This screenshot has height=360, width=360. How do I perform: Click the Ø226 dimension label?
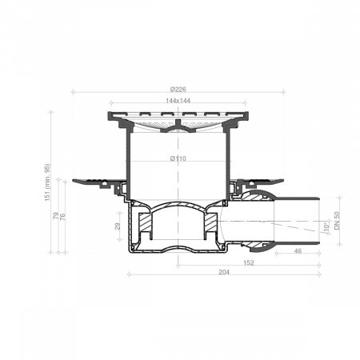178,90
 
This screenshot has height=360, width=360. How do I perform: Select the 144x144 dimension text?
178,101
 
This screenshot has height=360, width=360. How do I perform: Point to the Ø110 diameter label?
178,158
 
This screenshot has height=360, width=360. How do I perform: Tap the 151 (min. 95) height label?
47,182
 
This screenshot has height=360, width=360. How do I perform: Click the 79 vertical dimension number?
56,216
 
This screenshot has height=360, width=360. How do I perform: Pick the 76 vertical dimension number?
62,217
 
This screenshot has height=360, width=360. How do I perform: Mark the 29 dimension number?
118,226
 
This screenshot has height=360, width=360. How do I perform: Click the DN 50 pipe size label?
337,221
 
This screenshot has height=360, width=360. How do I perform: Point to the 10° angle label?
326,226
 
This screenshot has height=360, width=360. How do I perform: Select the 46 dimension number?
298,251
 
